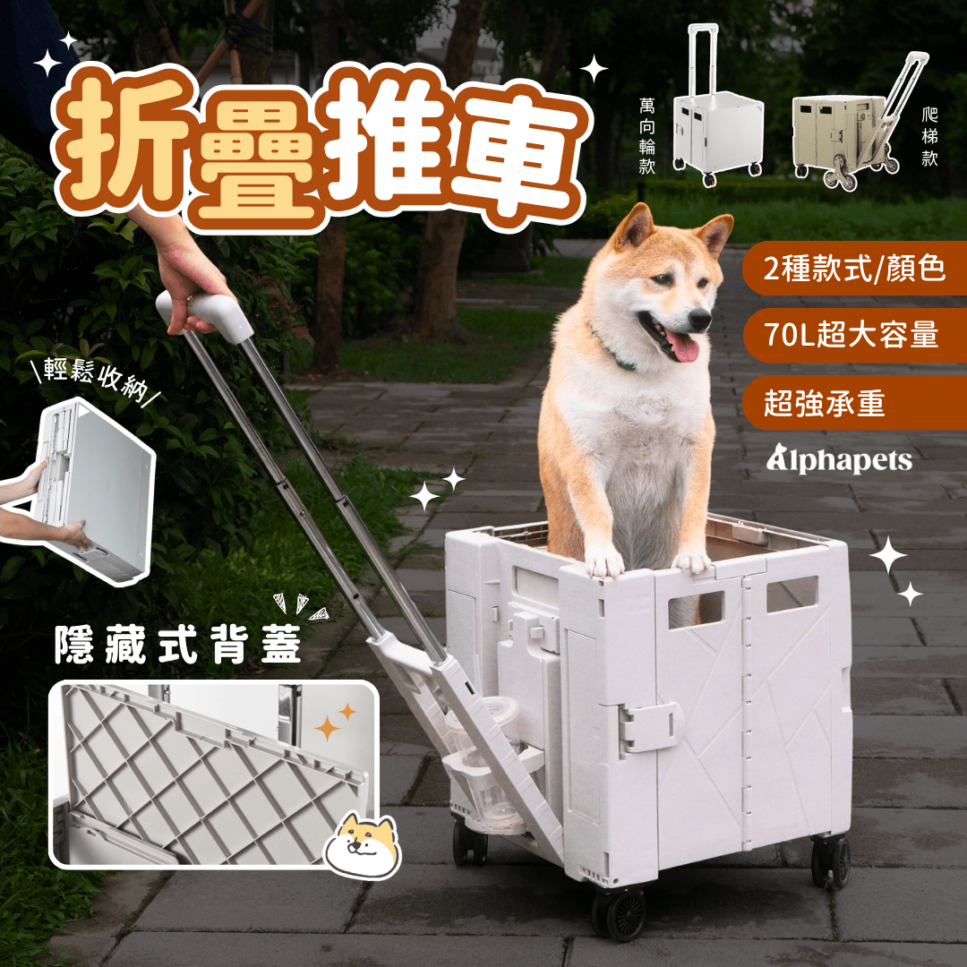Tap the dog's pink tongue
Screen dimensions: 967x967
685,347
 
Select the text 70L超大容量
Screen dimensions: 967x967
851,335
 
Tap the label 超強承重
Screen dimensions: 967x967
825,403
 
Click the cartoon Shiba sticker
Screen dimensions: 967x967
363,843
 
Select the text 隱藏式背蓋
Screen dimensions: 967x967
177,646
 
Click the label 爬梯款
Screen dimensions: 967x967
931,140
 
